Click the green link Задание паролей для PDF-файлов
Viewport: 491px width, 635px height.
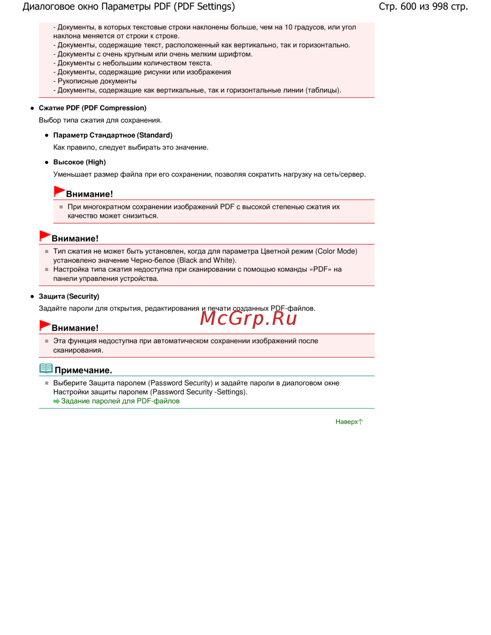pyautogui.click(x=120, y=401)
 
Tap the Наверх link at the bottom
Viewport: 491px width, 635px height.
pyautogui.click(x=347, y=422)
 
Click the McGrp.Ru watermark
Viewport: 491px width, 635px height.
pyautogui.click(x=248, y=318)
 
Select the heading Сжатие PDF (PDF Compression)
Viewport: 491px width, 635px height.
pyautogui.click(x=92, y=108)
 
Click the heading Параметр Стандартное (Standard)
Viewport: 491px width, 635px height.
pyautogui.click(x=112, y=135)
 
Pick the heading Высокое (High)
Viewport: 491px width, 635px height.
pyautogui.click(x=80, y=162)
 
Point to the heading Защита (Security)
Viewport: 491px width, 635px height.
pyautogui.click(x=69, y=296)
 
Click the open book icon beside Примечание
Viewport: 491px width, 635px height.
pyautogui.click(x=46, y=369)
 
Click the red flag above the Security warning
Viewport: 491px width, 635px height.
pyautogui.click(x=45, y=325)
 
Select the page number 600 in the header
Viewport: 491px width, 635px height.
pyautogui.click(x=408, y=6)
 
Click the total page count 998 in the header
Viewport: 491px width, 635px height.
pyautogui.click(x=440, y=6)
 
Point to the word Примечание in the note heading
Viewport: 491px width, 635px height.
pyautogui.click(x=83, y=370)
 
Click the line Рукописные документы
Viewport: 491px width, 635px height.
pyautogui.click(x=97, y=81)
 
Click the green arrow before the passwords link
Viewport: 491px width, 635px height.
pyautogui.click(x=56, y=401)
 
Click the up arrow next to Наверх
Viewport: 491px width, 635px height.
pyautogui.click(x=361, y=422)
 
